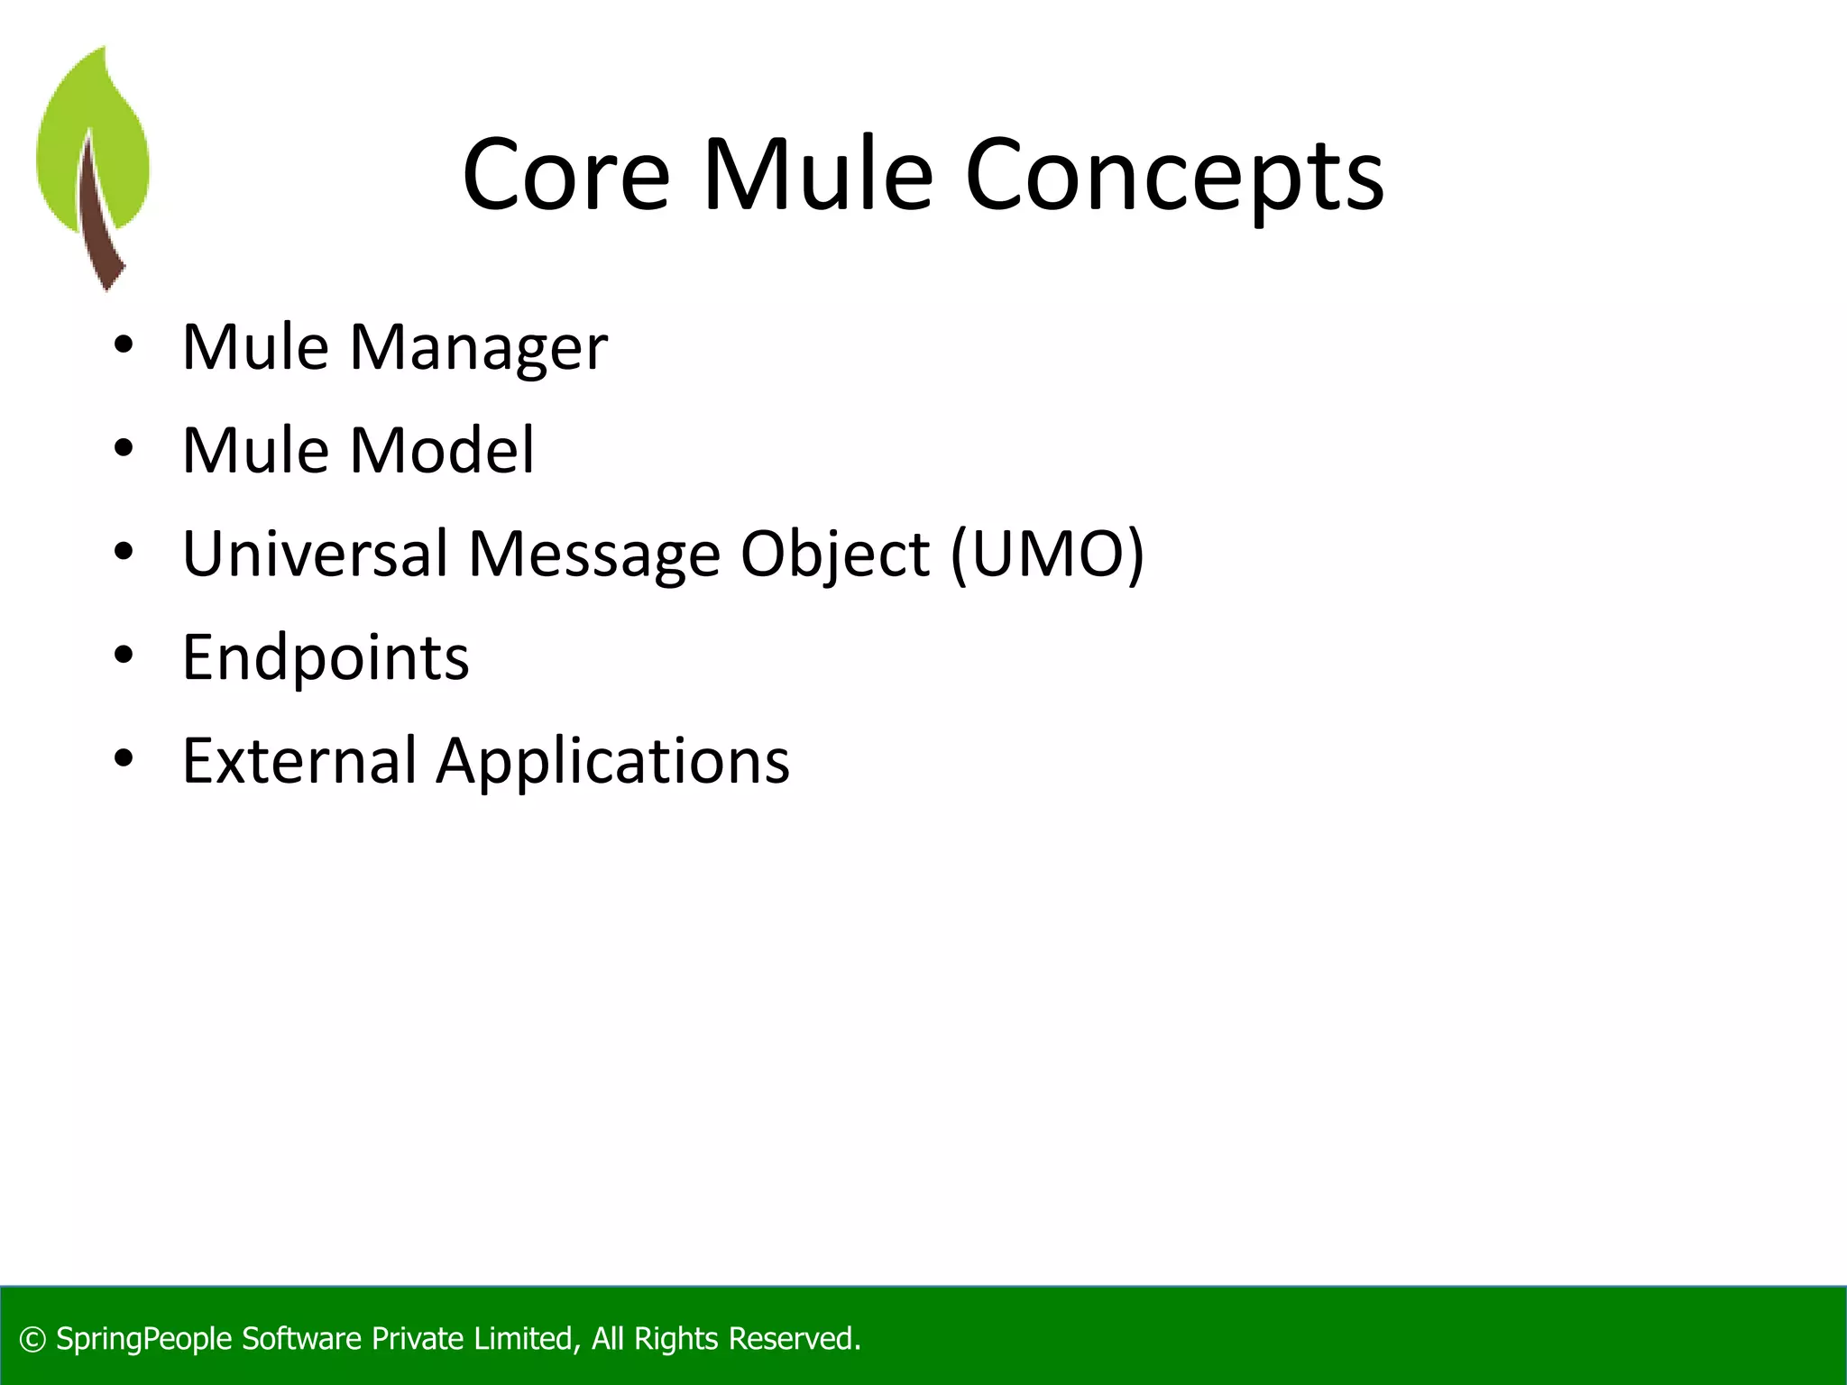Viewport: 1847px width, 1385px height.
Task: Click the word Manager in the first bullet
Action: coord(478,347)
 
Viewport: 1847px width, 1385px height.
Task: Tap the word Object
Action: coord(834,555)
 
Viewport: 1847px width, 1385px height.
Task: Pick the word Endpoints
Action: coord(326,657)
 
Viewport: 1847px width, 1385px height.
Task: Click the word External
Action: coord(299,760)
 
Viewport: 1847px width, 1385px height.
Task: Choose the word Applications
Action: coord(612,762)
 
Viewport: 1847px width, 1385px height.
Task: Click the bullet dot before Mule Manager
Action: coord(124,345)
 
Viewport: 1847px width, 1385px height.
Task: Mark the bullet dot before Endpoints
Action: coord(124,656)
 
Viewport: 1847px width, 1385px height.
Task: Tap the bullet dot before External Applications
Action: coord(124,759)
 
